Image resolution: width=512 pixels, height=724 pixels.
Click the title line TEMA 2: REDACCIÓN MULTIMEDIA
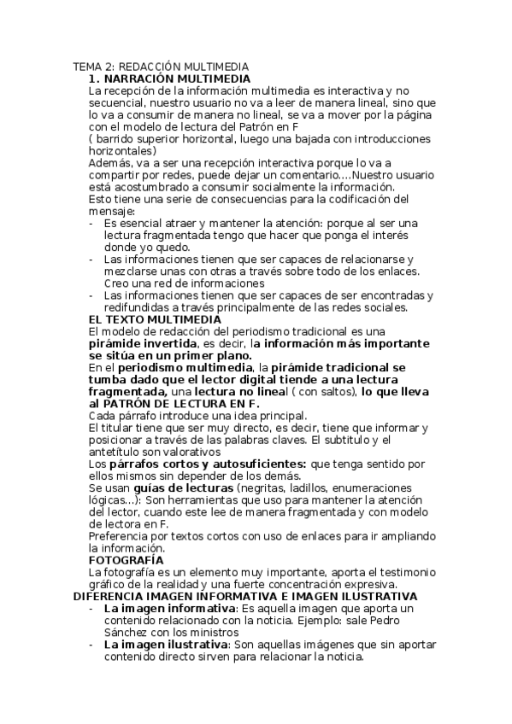point(161,67)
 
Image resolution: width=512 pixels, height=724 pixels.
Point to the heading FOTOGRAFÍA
point(126,560)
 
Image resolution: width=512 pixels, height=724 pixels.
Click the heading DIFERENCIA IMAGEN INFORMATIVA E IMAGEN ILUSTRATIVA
point(244,596)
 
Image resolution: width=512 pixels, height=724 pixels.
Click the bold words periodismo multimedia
point(180,367)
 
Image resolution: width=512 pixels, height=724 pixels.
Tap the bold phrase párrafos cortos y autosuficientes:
point(208,464)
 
